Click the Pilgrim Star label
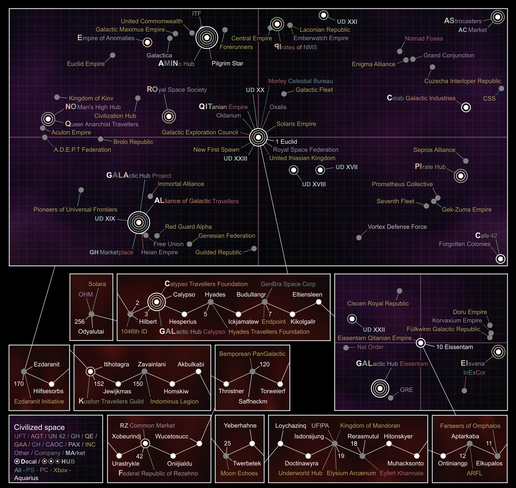[227, 63]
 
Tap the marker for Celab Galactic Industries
[466, 107]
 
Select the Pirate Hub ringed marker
[461, 176]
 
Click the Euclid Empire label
[86, 64]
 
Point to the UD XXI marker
[323, 15]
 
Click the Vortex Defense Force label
[397, 227]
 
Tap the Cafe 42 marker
[500, 259]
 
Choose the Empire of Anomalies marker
[147, 43]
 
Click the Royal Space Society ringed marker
[169, 116]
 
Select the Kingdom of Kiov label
[91, 98]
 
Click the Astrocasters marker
[497, 17]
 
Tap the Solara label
[97, 284]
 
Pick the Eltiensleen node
[318, 302]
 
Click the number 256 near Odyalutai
[79, 322]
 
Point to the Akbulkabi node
[198, 371]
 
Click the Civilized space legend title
[39, 427]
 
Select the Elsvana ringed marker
[498, 352]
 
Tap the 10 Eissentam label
[455, 347]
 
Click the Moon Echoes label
[239, 473]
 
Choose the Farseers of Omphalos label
[470, 426]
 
